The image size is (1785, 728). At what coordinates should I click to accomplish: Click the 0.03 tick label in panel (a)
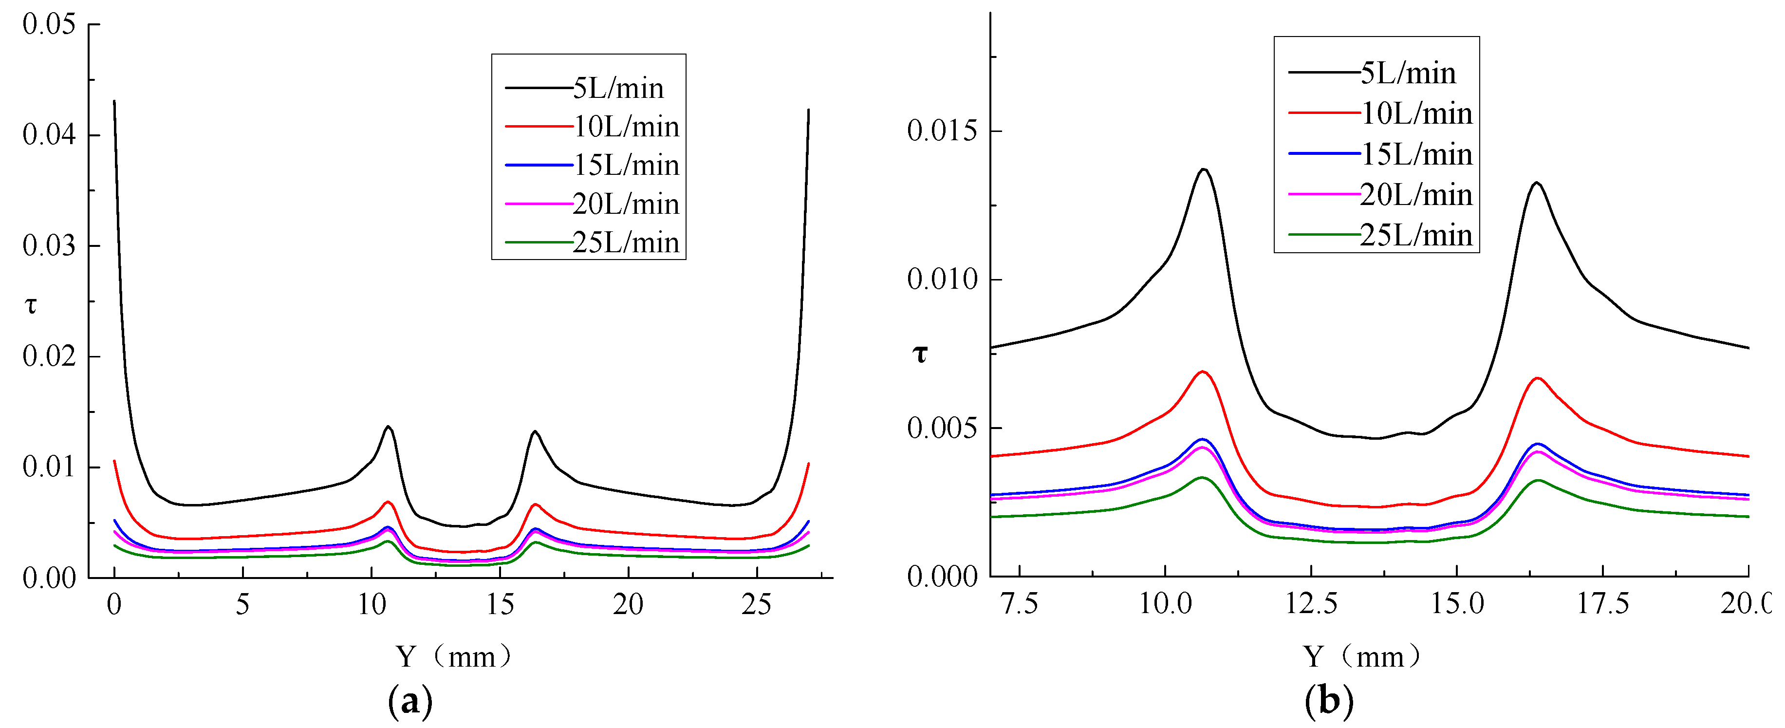49,245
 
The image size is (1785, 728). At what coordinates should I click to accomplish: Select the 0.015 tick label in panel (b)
942,131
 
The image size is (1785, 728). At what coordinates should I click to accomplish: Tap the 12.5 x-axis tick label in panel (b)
1312,604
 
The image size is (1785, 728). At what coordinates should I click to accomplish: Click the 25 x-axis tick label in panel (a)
756,605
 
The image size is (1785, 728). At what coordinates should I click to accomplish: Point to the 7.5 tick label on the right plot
1020,604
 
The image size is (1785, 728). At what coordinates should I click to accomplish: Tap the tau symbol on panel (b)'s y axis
920,355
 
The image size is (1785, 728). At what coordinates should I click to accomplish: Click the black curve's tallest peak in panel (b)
1204,169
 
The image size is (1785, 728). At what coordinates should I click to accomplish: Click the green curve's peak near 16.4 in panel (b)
1538,480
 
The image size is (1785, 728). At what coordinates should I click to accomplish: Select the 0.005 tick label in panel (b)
942,428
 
